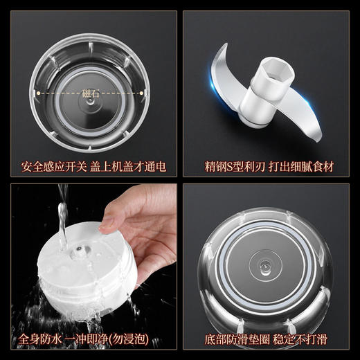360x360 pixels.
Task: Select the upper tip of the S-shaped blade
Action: [223, 50]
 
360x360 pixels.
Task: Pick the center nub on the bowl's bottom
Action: [266, 266]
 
